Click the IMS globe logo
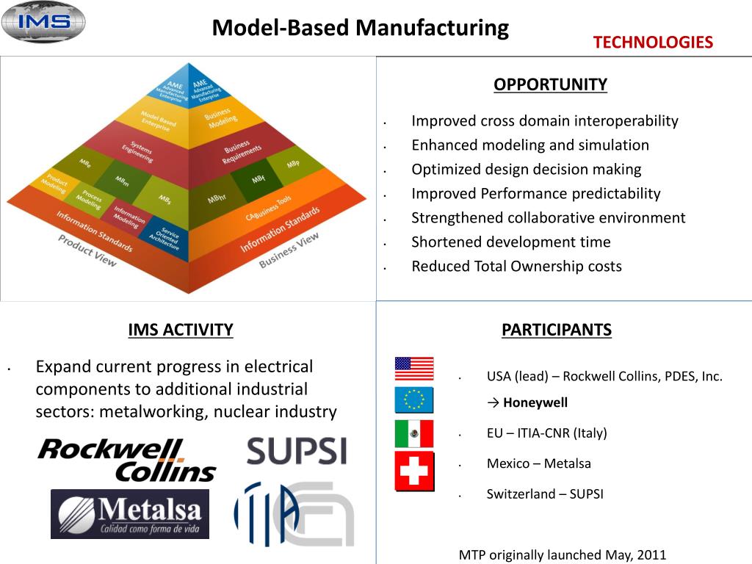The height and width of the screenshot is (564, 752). (43, 22)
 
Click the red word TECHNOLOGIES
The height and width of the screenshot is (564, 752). (653, 43)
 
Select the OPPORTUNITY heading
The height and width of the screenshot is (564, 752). (550, 84)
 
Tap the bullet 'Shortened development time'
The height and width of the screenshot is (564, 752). (510, 242)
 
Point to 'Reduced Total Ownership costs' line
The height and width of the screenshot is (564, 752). (516, 267)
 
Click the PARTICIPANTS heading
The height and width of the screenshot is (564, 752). (556, 330)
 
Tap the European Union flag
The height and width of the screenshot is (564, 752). (414, 400)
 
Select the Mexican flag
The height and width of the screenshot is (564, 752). (414, 434)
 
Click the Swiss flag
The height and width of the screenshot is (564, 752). (414, 471)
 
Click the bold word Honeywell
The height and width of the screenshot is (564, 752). (535, 402)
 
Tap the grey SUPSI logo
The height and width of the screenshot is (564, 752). (296, 450)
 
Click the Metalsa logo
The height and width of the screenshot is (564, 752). (129, 513)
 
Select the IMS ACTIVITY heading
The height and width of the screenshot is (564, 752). (180, 330)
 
